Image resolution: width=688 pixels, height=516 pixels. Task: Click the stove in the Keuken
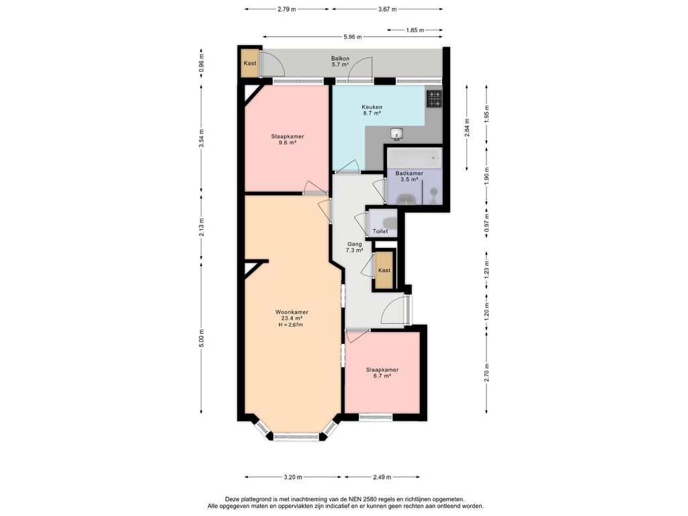pyautogui.click(x=434, y=99)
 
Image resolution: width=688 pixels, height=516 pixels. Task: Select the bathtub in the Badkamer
pyautogui.click(x=414, y=158)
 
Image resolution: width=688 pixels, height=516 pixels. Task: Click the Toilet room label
pyautogui.click(x=380, y=231)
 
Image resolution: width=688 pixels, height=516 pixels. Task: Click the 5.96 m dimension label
pyautogui.click(x=353, y=37)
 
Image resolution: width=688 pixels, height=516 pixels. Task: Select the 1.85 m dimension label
pyautogui.click(x=415, y=30)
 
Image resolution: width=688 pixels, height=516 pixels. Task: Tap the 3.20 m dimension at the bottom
pyautogui.click(x=293, y=477)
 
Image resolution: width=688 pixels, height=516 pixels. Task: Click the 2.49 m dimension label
pyautogui.click(x=382, y=477)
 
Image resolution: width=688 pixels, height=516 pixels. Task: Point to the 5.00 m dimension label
pyautogui.click(x=202, y=339)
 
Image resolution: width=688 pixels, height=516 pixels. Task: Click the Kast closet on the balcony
pyautogui.click(x=250, y=62)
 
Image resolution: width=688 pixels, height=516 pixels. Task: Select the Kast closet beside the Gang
pyautogui.click(x=384, y=270)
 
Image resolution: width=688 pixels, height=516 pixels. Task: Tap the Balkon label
pyautogui.click(x=340, y=58)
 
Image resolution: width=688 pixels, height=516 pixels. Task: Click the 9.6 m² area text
pyautogui.click(x=288, y=142)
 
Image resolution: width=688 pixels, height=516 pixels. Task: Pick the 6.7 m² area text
pyautogui.click(x=382, y=376)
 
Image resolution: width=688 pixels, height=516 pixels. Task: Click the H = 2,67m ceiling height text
pyautogui.click(x=291, y=325)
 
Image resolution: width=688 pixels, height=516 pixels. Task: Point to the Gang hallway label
pyautogui.click(x=355, y=244)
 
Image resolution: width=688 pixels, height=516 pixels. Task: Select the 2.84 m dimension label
pyautogui.click(x=468, y=128)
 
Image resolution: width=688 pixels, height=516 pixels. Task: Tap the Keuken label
pyautogui.click(x=372, y=107)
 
